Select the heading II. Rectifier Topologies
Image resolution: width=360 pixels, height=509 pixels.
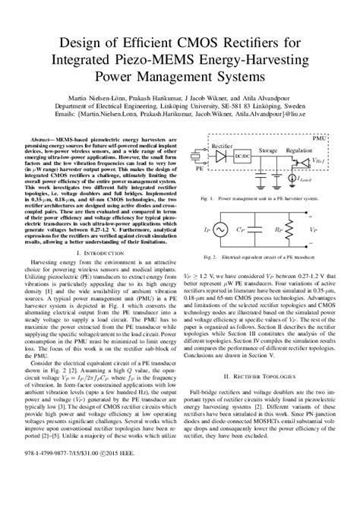coord(265,354)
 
